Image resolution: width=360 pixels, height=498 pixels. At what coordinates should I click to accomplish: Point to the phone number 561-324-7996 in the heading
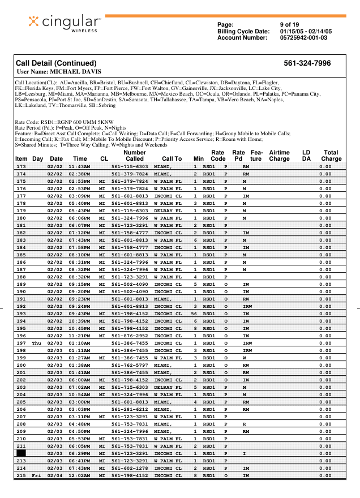(x=307, y=63)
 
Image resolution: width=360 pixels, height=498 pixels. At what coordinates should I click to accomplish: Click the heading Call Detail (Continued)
(x=56, y=63)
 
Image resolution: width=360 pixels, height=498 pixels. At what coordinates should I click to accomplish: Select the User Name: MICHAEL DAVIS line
(x=59, y=72)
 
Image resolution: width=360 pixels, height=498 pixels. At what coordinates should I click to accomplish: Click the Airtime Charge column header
(x=279, y=156)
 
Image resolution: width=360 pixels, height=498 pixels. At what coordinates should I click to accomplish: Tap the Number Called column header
(x=134, y=156)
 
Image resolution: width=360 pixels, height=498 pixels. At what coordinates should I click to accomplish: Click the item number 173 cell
(x=21, y=167)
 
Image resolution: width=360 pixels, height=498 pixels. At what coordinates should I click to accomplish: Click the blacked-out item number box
(x=21, y=453)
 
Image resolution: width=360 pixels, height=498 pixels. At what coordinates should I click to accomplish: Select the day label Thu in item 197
(x=37, y=343)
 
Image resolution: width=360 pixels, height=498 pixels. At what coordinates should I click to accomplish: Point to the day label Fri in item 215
(x=37, y=476)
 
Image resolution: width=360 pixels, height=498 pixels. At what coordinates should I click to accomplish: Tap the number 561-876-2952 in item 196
(x=130, y=335)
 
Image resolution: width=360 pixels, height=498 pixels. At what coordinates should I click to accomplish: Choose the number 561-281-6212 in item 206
(x=130, y=409)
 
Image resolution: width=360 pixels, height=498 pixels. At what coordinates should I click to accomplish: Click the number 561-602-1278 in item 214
(x=130, y=468)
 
